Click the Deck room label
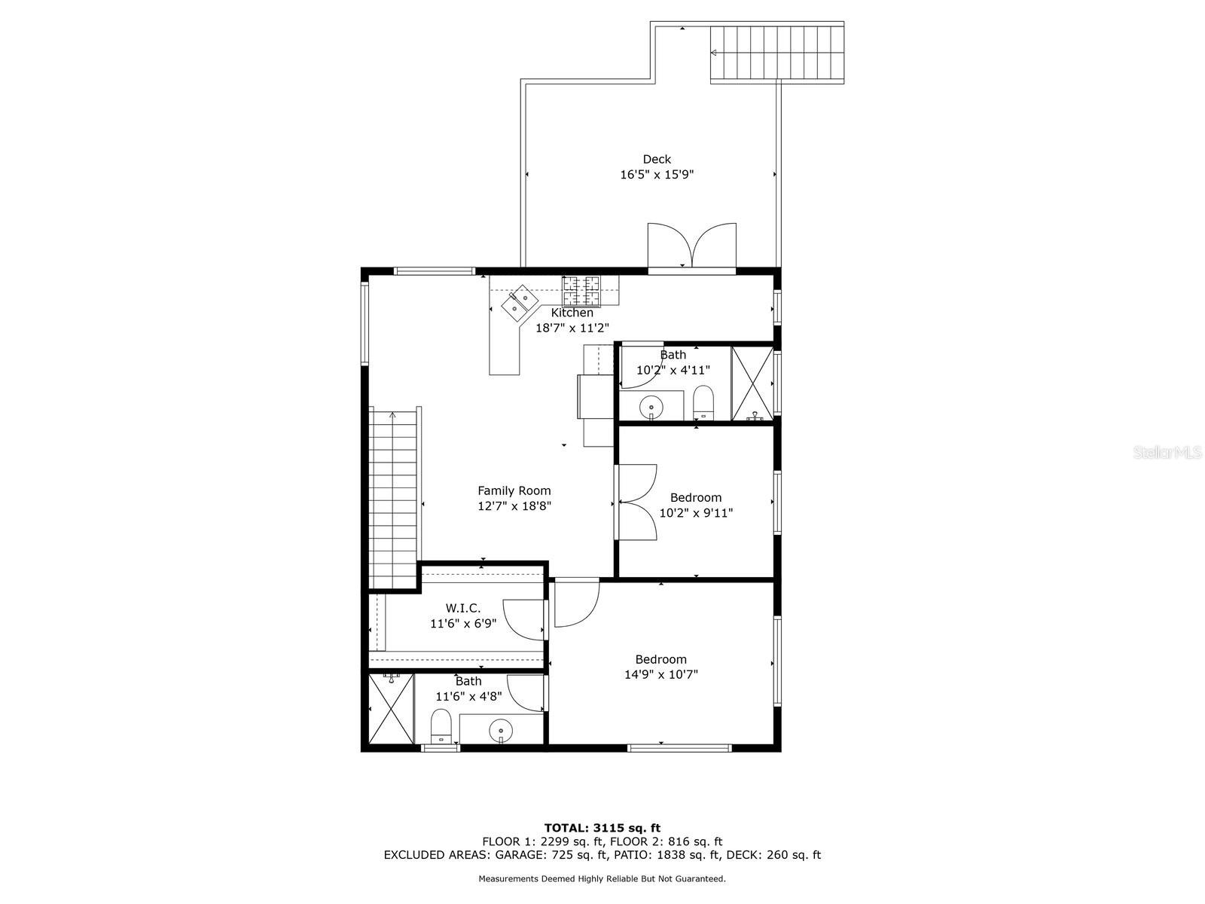tap(657, 159)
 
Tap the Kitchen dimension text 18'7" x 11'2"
tap(572, 328)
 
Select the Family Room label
tap(514, 490)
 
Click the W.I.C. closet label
tap(462, 608)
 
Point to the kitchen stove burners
tap(581, 290)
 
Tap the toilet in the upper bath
tap(703, 402)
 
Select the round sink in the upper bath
tap(651, 408)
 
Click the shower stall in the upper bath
tap(752, 383)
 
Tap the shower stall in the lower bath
tap(390, 709)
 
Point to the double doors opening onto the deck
tap(691, 246)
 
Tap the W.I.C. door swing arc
tap(523, 620)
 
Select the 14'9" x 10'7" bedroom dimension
tap(661, 674)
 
